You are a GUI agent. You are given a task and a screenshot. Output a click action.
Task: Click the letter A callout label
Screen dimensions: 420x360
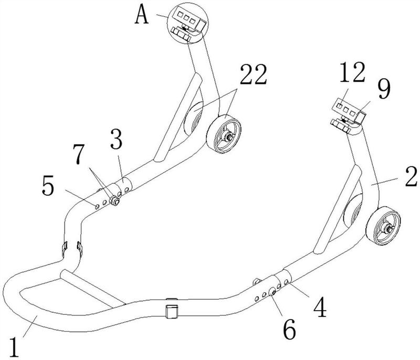pyautogui.click(x=142, y=15)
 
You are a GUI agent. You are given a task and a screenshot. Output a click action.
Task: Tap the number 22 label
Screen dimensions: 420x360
pyautogui.click(x=253, y=75)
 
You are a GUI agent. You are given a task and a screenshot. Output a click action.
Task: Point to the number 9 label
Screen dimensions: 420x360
pyautogui.click(x=384, y=89)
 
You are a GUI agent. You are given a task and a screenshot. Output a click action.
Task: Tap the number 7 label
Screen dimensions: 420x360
pyautogui.click(x=80, y=155)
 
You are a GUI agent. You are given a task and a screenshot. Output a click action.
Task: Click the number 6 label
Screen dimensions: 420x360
pyautogui.click(x=290, y=329)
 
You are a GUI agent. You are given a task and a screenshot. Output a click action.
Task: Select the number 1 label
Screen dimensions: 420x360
pyautogui.click(x=14, y=347)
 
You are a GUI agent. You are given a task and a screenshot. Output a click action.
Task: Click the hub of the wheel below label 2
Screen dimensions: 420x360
pyautogui.click(x=386, y=228)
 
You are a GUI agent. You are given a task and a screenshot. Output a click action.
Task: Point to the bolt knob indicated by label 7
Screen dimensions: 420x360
pyautogui.click(x=115, y=200)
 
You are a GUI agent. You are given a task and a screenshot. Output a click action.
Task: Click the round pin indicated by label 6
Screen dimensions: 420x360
pyautogui.click(x=272, y=292)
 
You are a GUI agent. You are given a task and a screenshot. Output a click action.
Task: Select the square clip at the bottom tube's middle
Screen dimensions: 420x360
pyautogui.click(x=172, y=311)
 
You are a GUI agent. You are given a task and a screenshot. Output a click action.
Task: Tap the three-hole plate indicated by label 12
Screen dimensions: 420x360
pyautogui.click(x=346, y=108)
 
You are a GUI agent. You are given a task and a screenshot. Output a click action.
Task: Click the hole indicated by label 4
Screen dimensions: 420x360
pyautogui.click(x=286, y=282)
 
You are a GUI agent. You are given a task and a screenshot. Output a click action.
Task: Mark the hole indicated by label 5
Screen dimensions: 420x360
pyautogui.click(x=97, y=206)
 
